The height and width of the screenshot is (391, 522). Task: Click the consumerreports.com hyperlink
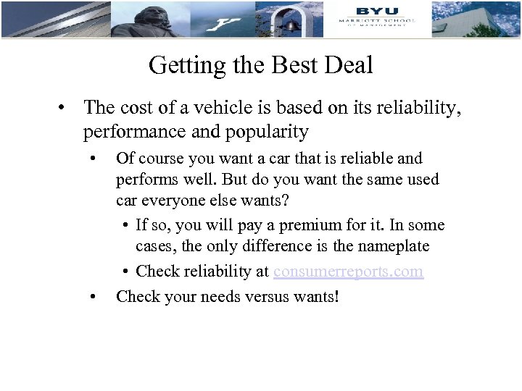click(348, 272)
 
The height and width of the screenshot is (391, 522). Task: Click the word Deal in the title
click(349, 65)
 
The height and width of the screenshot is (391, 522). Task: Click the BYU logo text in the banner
click(376, 11)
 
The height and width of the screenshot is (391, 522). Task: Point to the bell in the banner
click(291, 25)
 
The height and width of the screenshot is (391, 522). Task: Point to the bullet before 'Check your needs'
click(92, 296)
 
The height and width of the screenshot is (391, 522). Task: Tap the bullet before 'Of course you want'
click(92, 158)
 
